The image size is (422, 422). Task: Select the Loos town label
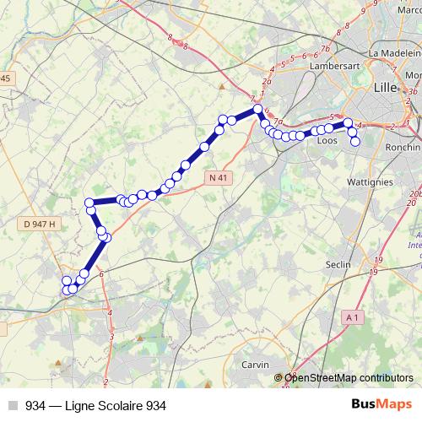pos(326,141)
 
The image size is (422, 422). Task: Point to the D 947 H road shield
pos(40,224)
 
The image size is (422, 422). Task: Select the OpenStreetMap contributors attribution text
pos(349,378)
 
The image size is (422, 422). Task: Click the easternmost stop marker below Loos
pos(355,142)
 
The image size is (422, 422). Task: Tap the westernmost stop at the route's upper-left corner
pos(89,203)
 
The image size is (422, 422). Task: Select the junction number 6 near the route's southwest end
pos(100,273)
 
